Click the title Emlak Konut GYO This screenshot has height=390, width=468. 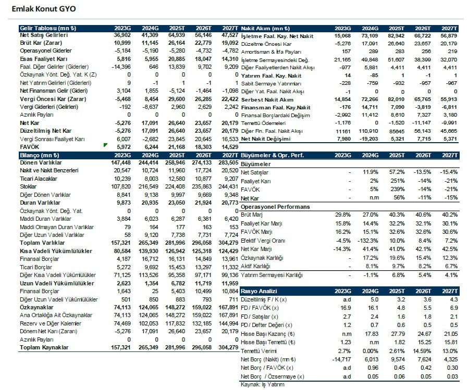[x=44, y=9]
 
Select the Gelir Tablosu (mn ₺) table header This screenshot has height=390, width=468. [x=48, y=28]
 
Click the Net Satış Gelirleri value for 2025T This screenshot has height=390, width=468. [x=177, y=35]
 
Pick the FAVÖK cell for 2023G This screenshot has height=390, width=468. [x=123, y=147]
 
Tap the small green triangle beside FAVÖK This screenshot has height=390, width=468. [x=105, y=145]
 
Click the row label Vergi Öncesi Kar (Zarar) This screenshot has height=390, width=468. [x=53, y=99]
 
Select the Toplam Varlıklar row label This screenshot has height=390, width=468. [x=42, y=243]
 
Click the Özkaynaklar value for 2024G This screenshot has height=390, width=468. [x=149, y=307]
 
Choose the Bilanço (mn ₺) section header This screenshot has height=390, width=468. [x=40, y=155]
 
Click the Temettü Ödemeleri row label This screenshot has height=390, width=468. [x=263, y=123]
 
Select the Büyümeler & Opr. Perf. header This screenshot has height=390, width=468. [x=272, y=155]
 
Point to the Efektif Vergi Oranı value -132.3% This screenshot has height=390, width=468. [x=367, y=241]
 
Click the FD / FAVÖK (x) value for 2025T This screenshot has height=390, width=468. [x=401, y=308]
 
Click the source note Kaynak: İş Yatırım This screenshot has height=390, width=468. [x=262, y=384]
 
